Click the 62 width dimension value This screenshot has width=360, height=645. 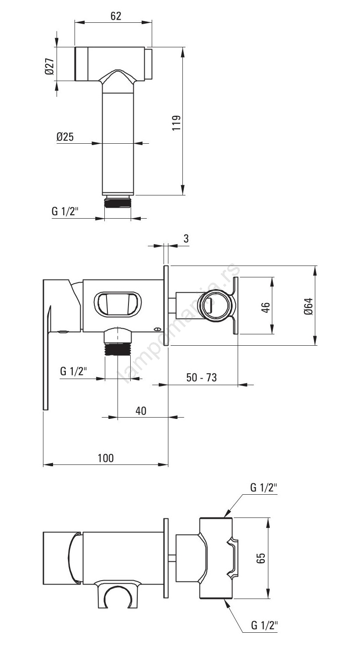click(116, 16)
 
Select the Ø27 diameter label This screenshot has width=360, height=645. click(50, 67)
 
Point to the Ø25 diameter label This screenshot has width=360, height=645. click(65, 136)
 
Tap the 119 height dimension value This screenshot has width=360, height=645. click(176, 123)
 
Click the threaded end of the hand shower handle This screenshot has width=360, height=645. click(118, 202)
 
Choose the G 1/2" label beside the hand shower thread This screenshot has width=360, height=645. click(65, 211)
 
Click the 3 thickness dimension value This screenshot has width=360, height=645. click(186, 238)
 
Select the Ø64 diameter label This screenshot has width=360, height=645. click(308, 306)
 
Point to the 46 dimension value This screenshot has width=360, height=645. click(266, 307)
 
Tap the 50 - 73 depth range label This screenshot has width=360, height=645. click(201, 377)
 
